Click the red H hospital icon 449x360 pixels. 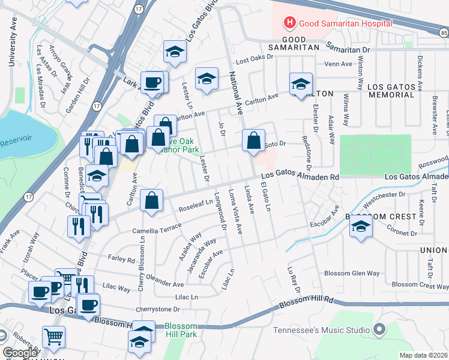point(290,23)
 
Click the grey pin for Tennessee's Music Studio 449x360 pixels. point(379,329)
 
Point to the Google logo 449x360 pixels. point(19,353)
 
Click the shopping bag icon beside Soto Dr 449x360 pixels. point(254,141)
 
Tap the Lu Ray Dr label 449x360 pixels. point(293,280)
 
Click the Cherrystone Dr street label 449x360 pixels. point(159,309)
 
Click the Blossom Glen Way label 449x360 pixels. point(352,273)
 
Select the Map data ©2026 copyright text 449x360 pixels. point(423,355)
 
